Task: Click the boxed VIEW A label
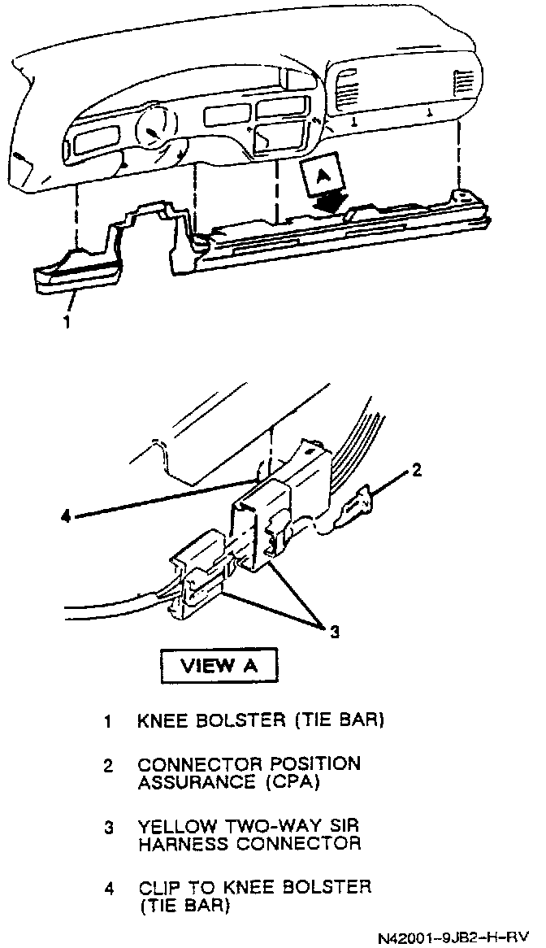click(219, 666)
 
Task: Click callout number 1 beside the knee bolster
click(67, 321)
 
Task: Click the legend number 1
click(107, 720)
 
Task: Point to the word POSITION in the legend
click(316, 766)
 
